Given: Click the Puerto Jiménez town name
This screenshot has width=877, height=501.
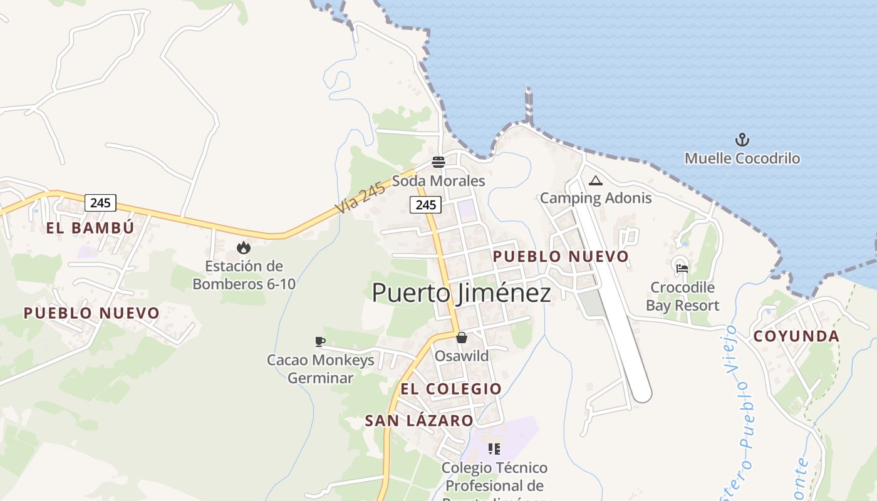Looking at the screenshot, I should point(461,293).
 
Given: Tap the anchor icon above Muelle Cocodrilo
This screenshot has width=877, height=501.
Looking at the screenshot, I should point(742,140).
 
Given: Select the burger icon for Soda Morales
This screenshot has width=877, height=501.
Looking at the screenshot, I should point(438,163).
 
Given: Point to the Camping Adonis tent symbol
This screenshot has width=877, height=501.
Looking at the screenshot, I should point(595,181).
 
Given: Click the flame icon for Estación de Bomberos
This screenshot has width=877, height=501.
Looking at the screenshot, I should point(244,248).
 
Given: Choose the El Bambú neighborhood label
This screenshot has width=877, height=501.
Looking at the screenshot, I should point(90,227).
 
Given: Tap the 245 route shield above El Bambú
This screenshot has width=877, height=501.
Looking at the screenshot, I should point(100,202).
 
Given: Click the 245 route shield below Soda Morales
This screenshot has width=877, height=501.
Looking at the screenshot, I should point(425,204).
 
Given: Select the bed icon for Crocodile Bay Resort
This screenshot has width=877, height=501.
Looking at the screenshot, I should point(682,268).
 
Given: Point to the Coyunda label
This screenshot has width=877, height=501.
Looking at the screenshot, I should point(796,336).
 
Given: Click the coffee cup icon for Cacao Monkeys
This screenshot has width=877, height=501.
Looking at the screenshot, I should point(320,341).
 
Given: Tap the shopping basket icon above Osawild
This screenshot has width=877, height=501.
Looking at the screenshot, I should point(462,338).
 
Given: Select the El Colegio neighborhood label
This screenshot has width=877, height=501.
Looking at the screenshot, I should point(451,389).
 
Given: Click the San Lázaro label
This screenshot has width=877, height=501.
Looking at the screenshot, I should point(419,421).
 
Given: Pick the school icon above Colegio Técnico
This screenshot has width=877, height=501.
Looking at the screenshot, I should point(494,449).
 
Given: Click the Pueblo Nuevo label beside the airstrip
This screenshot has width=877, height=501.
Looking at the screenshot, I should point(561,256).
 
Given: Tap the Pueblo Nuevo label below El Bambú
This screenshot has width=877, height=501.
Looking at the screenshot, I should point(91,312).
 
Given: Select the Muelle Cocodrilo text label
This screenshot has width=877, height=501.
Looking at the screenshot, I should point(742,158).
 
